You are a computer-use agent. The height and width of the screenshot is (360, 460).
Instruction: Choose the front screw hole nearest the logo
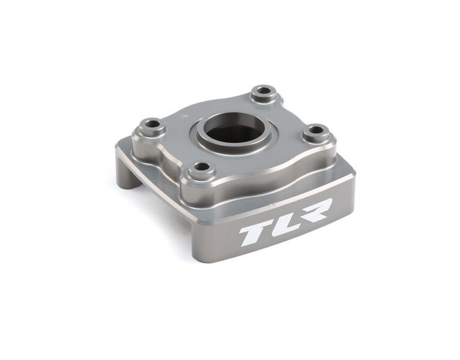point(202,167)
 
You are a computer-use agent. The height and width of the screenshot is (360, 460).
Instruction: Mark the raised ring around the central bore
point(228,143)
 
